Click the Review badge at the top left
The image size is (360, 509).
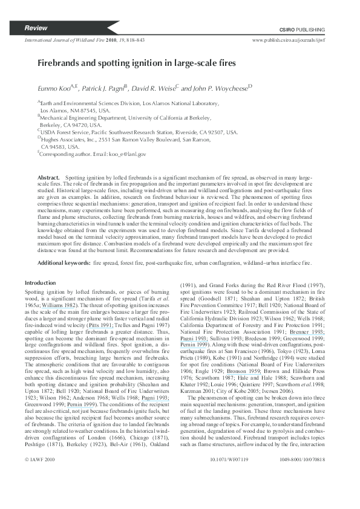(x=36, y=29)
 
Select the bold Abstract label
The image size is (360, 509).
(x=48, y=179)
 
